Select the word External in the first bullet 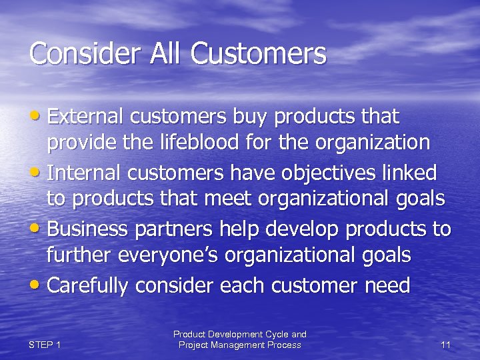tap(86, 117)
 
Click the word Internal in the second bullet tap(85, 173)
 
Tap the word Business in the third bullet tap(88, 229)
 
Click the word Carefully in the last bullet tap(88, 285)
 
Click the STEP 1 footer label tap(45, 345)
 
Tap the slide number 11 tap(446, 345)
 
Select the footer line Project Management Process tap(239, 345)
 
